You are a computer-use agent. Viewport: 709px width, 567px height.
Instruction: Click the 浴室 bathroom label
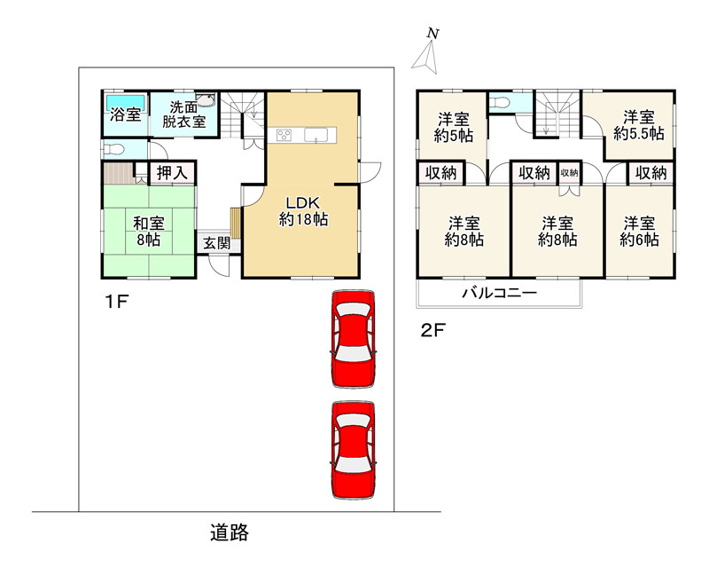click(x=125, y=114)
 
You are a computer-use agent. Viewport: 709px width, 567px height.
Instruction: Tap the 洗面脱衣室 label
click(x=183, y=114)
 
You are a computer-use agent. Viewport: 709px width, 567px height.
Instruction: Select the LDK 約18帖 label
click(x=303, y=211)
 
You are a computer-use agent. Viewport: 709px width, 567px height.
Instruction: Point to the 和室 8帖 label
click(x=148, y=231)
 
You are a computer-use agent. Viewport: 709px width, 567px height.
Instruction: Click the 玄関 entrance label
click(x=216, y=243)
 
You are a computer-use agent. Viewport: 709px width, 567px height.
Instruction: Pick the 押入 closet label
click(x=171, y=172)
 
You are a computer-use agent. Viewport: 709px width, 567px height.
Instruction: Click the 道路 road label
click(x=230, y=532)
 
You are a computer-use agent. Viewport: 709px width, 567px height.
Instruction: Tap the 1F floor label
click(x=117, y=301)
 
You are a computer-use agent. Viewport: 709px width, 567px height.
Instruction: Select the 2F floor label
click(x=432, y=330)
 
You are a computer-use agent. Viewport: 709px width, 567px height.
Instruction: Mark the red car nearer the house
click(x=354, y=339)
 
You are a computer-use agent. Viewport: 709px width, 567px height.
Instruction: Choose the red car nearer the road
click(x=354, y=450)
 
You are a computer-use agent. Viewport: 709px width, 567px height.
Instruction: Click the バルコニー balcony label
click(x=499, y=293)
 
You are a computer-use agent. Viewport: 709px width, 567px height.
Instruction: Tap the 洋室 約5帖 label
click(x=454, y=127)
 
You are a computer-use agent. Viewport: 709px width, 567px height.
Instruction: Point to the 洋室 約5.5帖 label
click(x=638, y=125)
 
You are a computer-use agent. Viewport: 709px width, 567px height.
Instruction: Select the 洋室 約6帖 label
click(x=639, y=231)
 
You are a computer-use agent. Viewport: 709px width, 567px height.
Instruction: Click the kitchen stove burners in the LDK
click(x=284, y=135)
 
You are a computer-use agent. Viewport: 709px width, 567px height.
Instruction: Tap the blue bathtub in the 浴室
click(x=126, y=102)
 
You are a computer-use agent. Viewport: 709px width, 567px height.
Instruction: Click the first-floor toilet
click(x=113, y=148)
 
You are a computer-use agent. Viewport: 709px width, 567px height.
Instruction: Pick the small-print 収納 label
click(x=569, y=172)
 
